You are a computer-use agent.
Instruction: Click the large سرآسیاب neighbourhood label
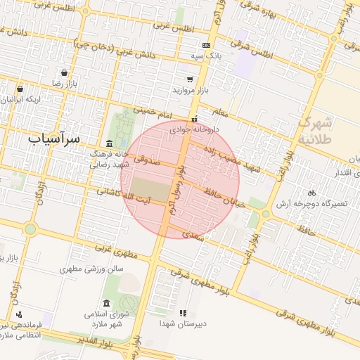55,139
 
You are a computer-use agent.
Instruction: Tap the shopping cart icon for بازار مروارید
189,79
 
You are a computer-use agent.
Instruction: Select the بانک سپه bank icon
206,44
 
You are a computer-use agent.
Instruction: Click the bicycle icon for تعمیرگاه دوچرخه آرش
311,193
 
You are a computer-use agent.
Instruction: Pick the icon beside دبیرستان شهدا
183,313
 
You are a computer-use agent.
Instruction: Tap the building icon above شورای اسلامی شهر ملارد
107,302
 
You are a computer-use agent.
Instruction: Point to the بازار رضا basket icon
65,72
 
